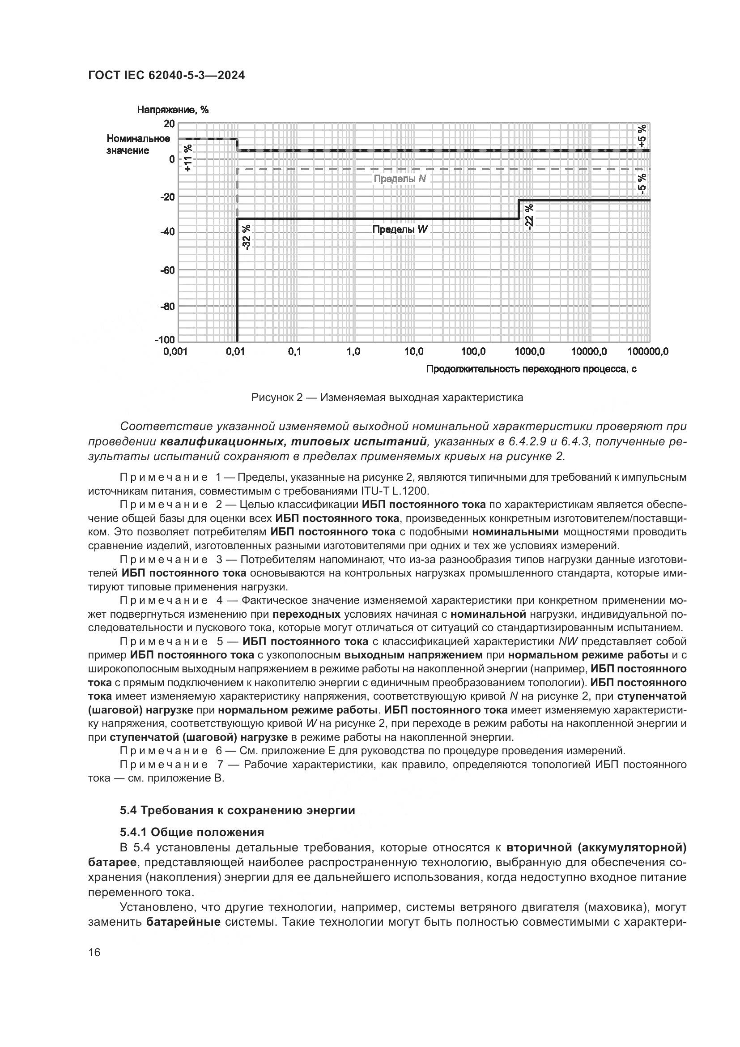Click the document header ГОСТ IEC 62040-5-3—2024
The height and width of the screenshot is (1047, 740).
pyautogui.click(x=166, y=76)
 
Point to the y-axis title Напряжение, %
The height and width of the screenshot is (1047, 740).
pyautogui.click(x=173, y=110)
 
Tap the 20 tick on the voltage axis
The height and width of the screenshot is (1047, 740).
pyautogui.click(x=169, y=124)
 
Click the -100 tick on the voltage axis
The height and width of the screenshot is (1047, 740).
pyautogui.click(x=165, y=340)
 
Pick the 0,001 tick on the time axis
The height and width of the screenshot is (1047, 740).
pyautogui.click(x=175, y=351)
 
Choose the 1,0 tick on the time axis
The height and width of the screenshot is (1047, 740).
pyautogui.click(x=353, y=351)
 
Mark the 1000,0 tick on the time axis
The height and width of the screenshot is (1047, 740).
pyautogui.click(x=530, y=351)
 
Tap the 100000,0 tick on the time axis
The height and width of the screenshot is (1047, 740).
pyautogui.click(x=647, y=351)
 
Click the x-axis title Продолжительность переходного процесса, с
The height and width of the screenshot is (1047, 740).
pyautogui.click(x=532, y=369)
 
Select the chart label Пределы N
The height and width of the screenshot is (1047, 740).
pyautogui.click(x=400, y=179)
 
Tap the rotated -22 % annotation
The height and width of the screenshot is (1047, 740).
pyautogui.click(x=528, y=217)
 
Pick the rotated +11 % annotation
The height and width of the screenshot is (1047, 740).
pyautogui.click(x=188, y=158)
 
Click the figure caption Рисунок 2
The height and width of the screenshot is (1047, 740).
pyautogui.click(x=387, y=397)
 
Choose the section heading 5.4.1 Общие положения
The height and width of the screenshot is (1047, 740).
pyautogui.click(x=192, y=832)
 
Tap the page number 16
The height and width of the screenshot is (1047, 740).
pyautogui.click(x=94, y=953)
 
